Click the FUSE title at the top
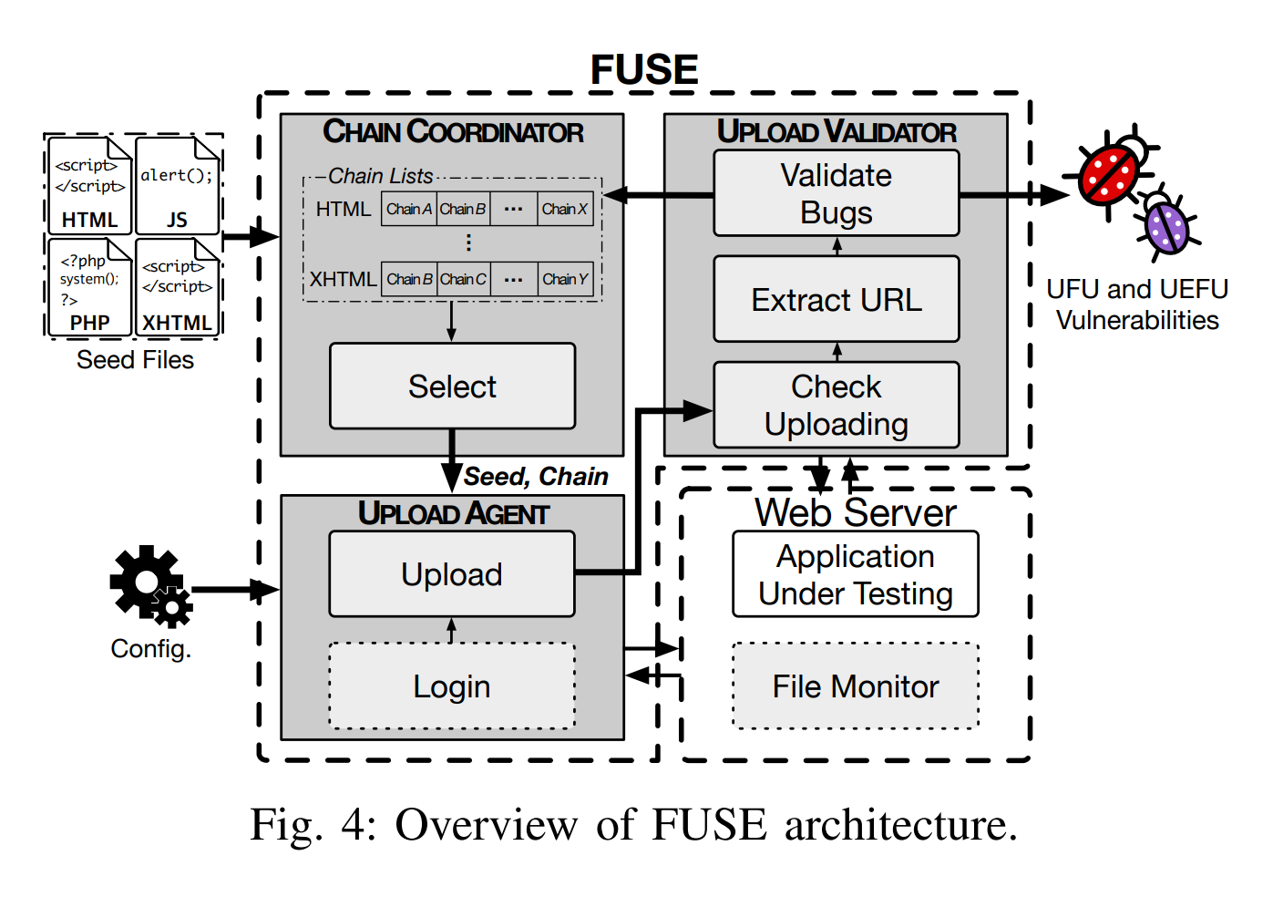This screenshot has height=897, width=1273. (x=643, y=70)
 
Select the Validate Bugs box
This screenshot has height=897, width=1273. (x=836, y=193)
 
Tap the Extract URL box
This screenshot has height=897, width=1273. (x=836, y=299)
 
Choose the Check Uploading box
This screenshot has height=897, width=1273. (x=836, y=405)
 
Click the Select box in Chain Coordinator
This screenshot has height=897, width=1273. (x=452, y=386)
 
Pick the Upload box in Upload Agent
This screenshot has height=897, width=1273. (x=452, y=573)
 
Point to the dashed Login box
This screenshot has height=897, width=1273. (x=452, y=686)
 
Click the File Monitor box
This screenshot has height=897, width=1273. (x=855, y=686)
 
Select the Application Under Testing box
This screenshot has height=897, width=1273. (x=855, y=574)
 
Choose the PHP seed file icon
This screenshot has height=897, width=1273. (x=89, y=286)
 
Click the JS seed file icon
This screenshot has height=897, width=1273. (x=178, y=186)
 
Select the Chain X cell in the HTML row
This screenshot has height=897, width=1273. (x=565, y=209)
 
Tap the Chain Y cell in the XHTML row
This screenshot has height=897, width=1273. (x=565, y=279)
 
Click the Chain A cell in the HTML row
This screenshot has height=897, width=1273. (x=409, y=209)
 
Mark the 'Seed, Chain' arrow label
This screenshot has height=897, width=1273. (x=536, y=476)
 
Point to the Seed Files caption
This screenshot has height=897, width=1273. (x=135, y=360)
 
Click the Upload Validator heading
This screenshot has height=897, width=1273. (x=836, y=132)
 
